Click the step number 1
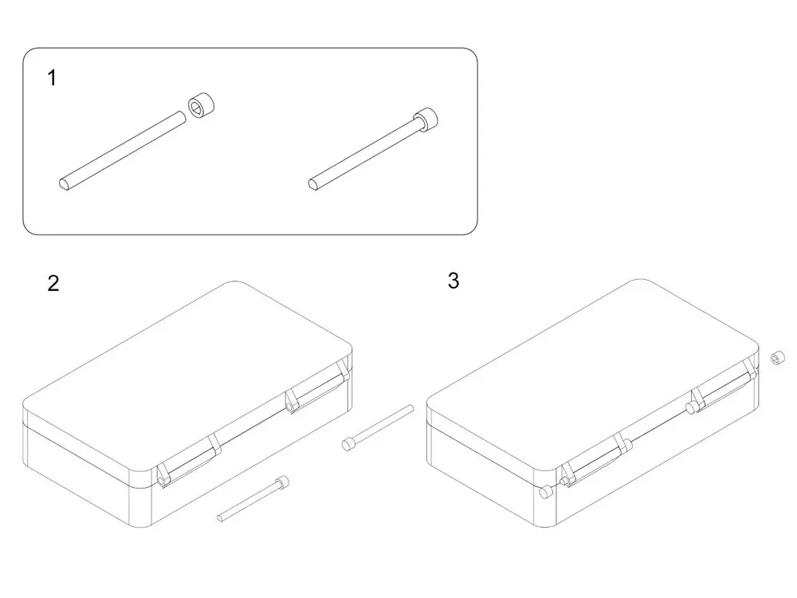pos(52,78)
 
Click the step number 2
pos(53,283)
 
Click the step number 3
pos(453,280)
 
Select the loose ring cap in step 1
pos(202,105)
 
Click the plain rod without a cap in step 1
pos(123,151)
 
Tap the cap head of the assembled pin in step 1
pos(426,120)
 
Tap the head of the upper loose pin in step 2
pos(348,444)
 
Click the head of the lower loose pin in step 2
pos(283,482)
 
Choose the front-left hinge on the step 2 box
pos(189,461)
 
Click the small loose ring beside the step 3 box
pos(777,358)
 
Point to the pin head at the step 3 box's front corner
pos(544,492)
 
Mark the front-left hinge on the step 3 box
pos(595,460)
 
